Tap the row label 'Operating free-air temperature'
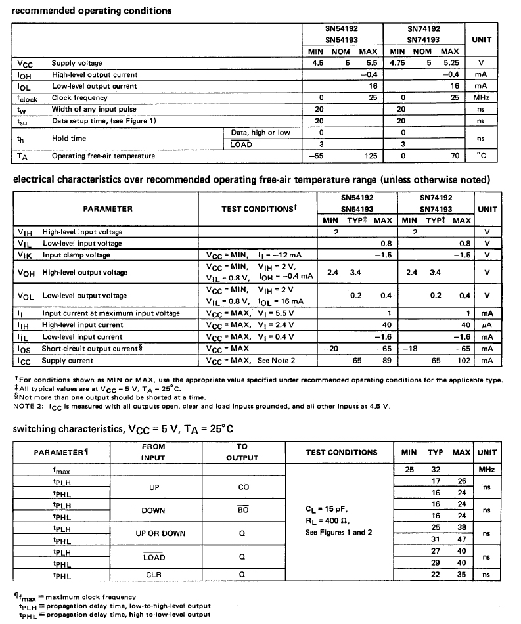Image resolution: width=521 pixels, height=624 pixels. [104, 156]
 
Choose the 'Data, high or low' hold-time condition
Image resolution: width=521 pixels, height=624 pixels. [261, 133]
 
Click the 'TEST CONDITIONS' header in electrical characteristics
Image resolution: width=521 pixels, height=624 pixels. [260, 209]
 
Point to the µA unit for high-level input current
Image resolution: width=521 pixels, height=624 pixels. [487, 325]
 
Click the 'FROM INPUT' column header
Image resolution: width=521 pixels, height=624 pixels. [153, 452]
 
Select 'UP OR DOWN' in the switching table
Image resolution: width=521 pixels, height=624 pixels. [151, 533]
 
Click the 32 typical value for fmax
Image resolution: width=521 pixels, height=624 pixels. [434, 470]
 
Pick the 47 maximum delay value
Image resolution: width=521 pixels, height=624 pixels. [462, 540]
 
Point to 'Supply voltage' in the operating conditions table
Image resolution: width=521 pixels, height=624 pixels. [77, 63]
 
